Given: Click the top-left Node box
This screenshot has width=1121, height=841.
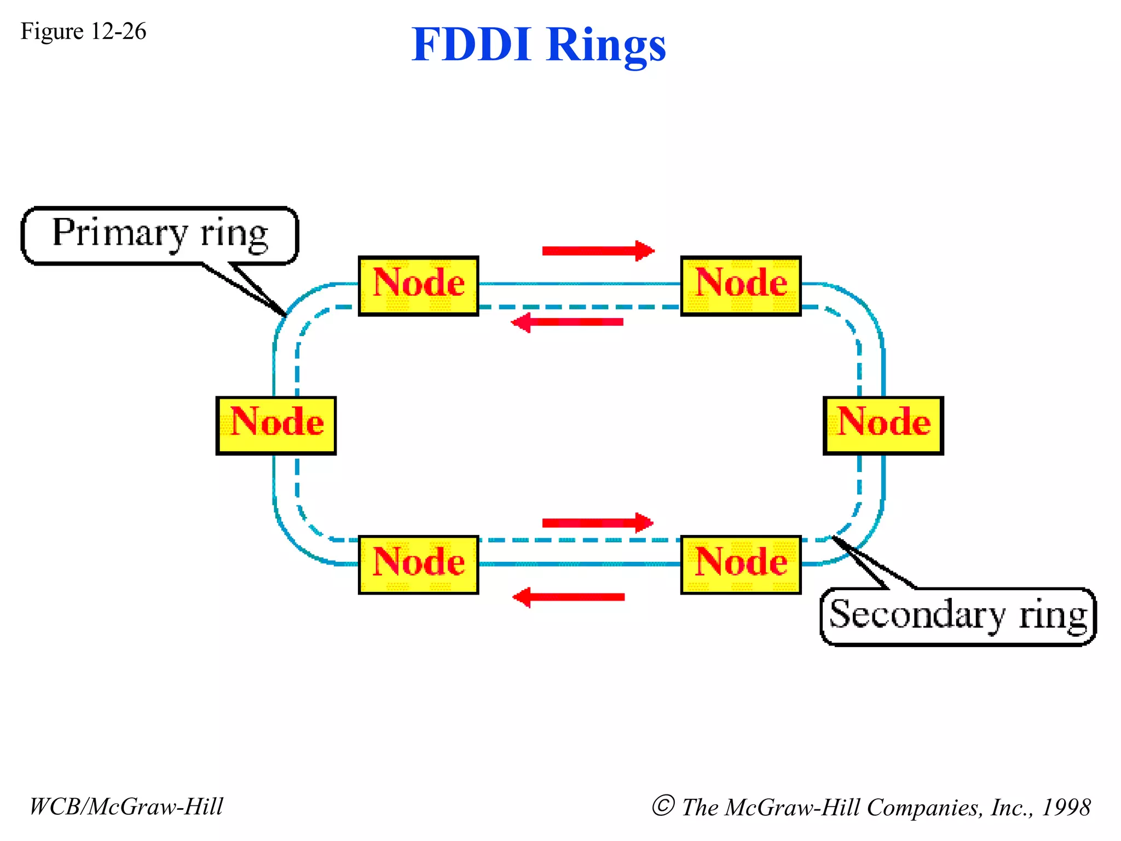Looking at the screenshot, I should point(418,285).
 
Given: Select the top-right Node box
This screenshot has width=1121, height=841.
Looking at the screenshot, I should point(741,285).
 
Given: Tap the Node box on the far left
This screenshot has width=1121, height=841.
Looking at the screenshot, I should point(276,425).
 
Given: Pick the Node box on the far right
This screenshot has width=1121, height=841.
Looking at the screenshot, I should point(883,425).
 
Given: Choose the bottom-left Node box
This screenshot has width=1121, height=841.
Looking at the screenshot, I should point(418,564).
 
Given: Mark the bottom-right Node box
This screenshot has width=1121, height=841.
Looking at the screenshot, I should point(741,564).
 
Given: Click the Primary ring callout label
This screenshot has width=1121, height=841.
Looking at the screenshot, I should point(159,235).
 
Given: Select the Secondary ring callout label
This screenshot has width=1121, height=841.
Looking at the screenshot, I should point(958,617).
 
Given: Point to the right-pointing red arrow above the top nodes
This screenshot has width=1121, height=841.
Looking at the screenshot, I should point(598,251).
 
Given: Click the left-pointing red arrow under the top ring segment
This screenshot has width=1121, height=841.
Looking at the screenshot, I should point(568,322).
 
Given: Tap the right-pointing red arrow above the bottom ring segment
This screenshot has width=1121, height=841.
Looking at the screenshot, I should point(597,523).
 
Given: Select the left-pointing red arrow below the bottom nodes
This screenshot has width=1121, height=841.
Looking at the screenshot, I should point(569,597).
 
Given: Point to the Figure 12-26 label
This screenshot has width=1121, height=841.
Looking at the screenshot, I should point(83,31).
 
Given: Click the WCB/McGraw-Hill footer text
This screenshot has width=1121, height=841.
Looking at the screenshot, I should point(126,807).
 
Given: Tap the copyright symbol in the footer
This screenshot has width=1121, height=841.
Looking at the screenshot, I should point(663,805).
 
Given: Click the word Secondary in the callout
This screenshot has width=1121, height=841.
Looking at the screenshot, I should point(917,614).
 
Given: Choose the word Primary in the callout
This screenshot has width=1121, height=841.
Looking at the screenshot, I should point(120,233).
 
